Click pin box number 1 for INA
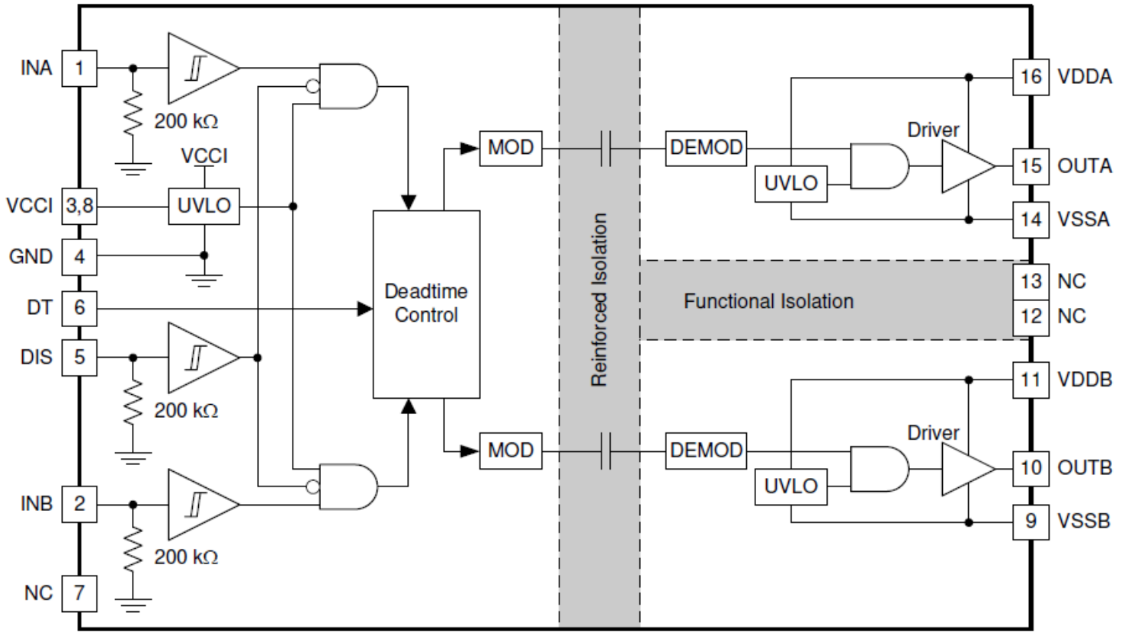click(79, 68)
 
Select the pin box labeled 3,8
click(79, 206)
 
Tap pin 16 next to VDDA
click(1031, 77)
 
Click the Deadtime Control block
click(426, 304)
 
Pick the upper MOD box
click(511, 148)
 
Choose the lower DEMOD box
click(706, 451)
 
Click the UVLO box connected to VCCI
click(204, 206)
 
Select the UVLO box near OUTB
click(791, 486)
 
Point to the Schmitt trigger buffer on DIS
click(203, 358)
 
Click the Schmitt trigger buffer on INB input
click(203, 504)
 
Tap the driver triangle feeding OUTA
click(968, 166)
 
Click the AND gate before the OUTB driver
click(880, 469)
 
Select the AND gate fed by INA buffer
click(348, 86)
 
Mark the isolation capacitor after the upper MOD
click(605, 148)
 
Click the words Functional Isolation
click(768, 301)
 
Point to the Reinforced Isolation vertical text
click(599, 300)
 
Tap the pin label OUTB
click(1085, 468)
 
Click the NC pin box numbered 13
click(1031, 282)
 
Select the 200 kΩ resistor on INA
click(133, 114)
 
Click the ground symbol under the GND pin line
click(204, 281)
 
